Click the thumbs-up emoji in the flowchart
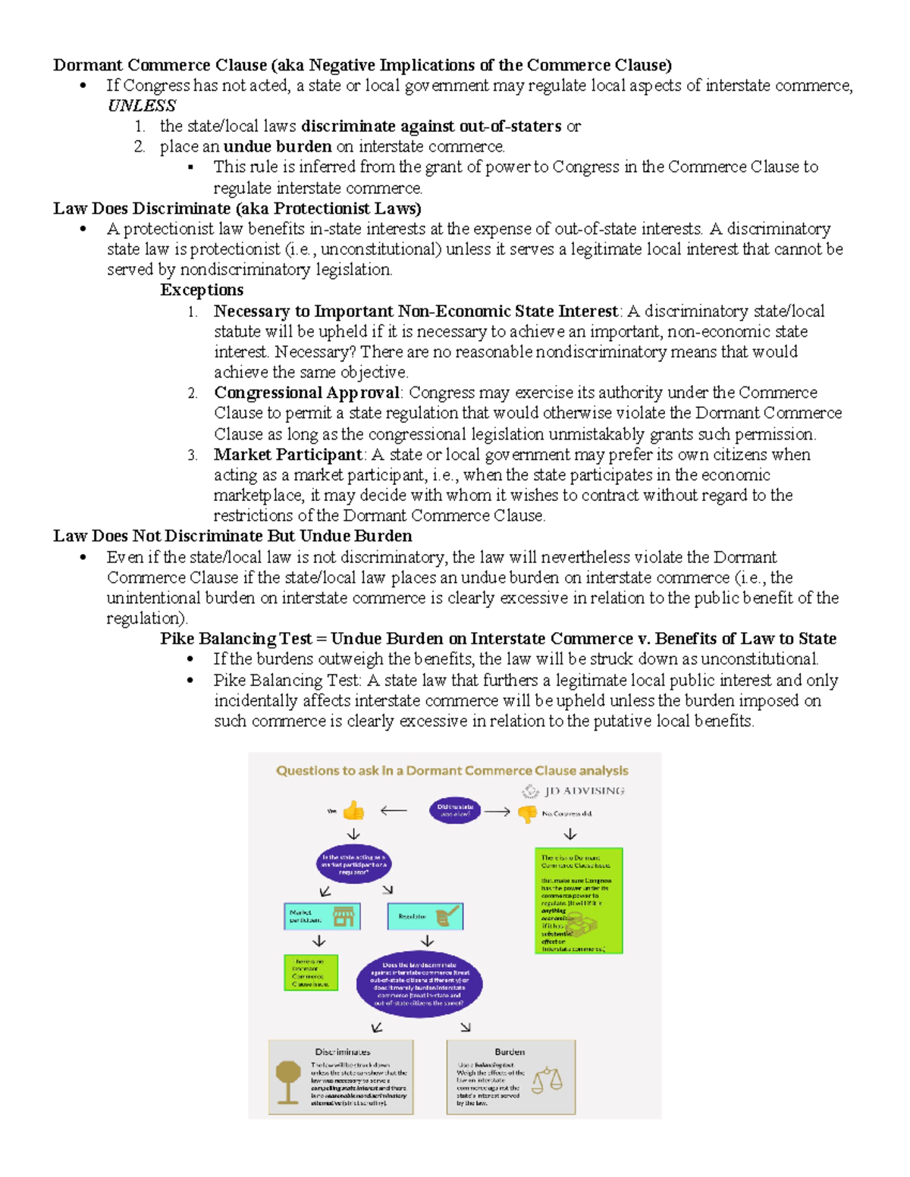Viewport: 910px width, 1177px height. (x=353, y=811)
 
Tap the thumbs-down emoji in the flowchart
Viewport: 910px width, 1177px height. (x=527, y=813)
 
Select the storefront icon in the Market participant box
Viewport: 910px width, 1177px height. (x=344, y=916)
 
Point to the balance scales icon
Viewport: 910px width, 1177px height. (x=547, y=1080)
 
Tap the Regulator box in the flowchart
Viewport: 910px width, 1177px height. (x=425, y=916)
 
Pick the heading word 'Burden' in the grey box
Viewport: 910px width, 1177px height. (x=510, y=1052)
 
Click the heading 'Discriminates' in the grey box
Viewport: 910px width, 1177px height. (x=343, y=1052)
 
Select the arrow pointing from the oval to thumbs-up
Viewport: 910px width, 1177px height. (x=394, y=811)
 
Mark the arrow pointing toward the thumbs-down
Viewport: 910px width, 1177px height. (x=497, y=812)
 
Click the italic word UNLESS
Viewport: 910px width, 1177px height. (x=142, y=105)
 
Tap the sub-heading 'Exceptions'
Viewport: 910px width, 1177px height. (x=202, y=290)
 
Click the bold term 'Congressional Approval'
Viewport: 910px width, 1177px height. (x=306, y=393)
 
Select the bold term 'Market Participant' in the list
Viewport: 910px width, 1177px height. (x=287, y=455)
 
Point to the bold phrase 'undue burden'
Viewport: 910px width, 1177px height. (x=278, y=146)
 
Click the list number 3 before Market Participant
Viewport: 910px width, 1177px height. (x=193, y=455)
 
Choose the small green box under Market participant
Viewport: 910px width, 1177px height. (x=311, y=972)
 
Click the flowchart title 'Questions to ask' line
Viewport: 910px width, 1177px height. (x=452, y=771)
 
